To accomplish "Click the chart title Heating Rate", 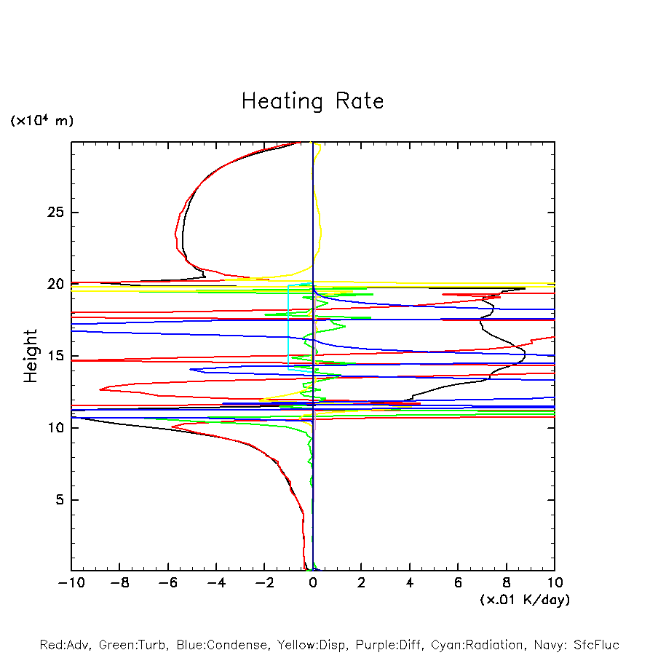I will pos(312,101).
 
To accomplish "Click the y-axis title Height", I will pos(31,356).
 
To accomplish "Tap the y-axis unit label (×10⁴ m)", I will pos(41,121).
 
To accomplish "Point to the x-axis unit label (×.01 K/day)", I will pos(524,600).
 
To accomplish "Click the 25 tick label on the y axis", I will pos(56,213).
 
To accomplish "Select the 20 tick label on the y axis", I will pos(56,285).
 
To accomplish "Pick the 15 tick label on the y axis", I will pos(56,356).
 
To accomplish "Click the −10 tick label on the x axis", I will pos(69,582).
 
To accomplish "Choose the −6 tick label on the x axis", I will pos(166,582).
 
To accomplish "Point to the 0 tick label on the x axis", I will pos(313,582).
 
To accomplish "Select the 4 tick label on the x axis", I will pos(410,582).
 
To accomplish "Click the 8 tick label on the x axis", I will pos(507,582).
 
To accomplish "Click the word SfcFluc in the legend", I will pos(596,645).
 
